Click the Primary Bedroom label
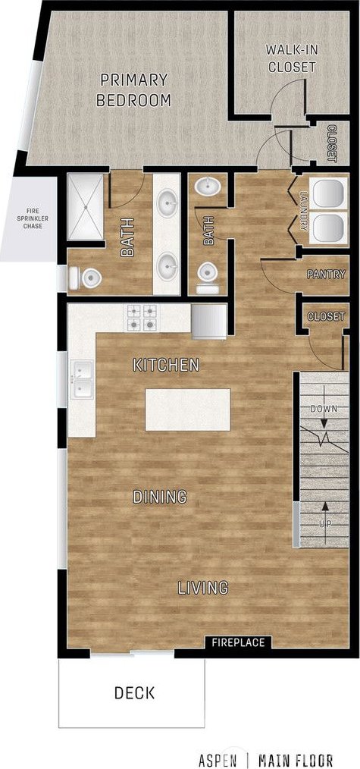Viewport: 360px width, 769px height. pos(133,89)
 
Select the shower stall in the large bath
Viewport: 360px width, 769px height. pos(85,207)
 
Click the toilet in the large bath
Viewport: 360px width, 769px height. pos(85,278)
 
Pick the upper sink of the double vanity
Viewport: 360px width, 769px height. pos(167,203)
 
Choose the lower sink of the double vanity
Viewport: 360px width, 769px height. pos(167,266)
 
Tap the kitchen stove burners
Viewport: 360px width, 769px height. pos(142,318)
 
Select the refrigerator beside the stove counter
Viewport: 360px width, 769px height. pos(208,322)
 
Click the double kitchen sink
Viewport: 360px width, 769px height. pos(82,380)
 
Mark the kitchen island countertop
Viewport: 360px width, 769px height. pos(188,410)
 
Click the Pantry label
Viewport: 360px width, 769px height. pos(326,274)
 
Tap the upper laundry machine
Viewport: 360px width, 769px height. pos(330,193)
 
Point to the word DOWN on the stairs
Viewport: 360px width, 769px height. pos(324,408)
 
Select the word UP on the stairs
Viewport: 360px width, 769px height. pos(324,524)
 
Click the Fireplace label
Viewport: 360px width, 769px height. pos(238,642)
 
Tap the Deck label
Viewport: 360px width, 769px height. pos(134,692)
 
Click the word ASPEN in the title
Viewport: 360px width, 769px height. pos(218,760)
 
